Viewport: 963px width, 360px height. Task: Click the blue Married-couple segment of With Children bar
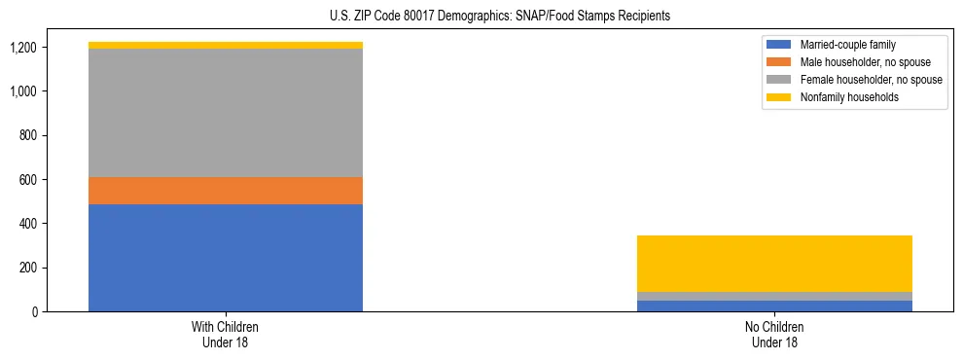226,258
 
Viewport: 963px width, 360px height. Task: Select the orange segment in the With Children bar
226,191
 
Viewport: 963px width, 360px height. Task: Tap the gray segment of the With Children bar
226,113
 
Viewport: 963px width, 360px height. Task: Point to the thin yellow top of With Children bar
226,45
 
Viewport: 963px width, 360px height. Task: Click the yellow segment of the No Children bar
774,264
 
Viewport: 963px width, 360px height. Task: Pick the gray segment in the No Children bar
774,296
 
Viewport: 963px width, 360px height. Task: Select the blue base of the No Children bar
774,306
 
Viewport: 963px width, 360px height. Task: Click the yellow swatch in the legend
780,97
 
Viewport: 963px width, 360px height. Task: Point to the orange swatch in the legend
780,62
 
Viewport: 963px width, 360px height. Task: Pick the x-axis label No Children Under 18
774,335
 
